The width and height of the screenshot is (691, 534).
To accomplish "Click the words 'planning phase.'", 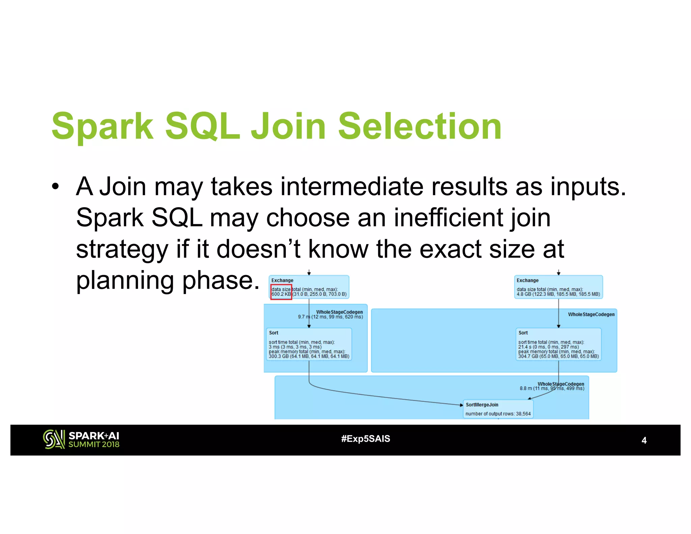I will click(167, 281).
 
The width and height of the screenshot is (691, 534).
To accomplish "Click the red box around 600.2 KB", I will click(281, 292).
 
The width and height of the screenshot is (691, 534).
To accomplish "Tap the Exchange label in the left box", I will click(282, 281).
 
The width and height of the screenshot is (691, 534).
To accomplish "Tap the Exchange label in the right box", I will click(527, 281).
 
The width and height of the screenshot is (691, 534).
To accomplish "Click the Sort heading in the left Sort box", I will click(273, 333).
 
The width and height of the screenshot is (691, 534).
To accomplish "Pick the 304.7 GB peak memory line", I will click(558, 356).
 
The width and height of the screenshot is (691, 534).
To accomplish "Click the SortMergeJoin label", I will click(482, 405).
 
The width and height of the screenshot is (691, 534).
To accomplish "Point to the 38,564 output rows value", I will click(523, 414).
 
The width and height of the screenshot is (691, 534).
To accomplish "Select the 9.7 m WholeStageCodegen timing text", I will click(330, 317).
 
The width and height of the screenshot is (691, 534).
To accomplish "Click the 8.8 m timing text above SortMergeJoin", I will click(552, 389).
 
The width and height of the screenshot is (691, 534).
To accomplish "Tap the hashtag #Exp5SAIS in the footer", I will click(365, 439).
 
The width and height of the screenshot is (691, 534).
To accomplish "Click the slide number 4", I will click(644, 440).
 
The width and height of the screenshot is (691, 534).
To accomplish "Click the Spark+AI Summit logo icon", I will click(54, 439).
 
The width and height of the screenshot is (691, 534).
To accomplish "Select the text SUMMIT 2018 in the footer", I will click(94, 445).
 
